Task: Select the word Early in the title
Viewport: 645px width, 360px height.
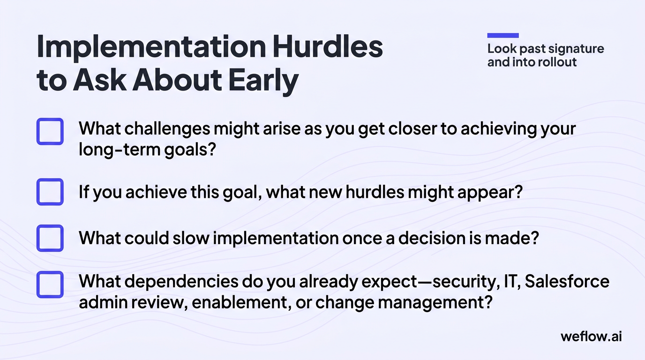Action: (x=263, y=81)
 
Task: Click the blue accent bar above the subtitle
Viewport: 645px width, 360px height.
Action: (x=503, y=35)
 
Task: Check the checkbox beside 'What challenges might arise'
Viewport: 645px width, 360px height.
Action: (x=50, y=131)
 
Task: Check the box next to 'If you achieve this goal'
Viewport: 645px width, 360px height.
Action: (x=50, y=192)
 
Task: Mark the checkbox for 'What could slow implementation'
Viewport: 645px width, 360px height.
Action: (x=50, y=238)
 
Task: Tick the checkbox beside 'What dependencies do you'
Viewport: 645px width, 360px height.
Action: (x=50, y=285)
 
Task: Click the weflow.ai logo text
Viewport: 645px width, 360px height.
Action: (x=591, y=336)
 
